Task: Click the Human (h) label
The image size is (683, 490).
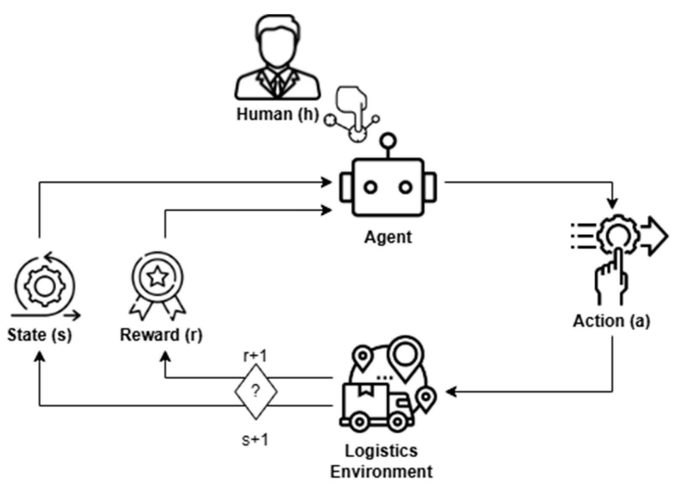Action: pyautogui.click(x=277, y=114)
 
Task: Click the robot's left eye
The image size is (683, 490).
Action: pyautogui.click(x=371, y=187)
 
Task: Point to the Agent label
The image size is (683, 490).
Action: pyautogui.click(x=388, y=237)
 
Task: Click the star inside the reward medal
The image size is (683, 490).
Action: pyautogui.click(x=157, y=277)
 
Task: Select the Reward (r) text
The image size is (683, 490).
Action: pyautogui.click(x=161, y=335)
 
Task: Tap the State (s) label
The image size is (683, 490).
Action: pyautogui.click(x=40, y=335)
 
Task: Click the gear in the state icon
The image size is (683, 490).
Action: pyautogui.click(x=44, y=286)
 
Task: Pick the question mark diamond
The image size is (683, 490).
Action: pyautogui.click(x=256, y=391)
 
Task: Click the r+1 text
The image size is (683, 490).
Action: pyautogui.click(x=255, y=356)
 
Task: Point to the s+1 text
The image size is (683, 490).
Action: pyautogui.click(x=255, y=440)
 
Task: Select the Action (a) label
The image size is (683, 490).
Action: pyautogui.click(x=611, y=321)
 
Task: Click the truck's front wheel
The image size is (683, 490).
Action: pyautogui.click(x=397, y=422)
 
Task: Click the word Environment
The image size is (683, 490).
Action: pyautogui.click(x=381, y=471)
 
